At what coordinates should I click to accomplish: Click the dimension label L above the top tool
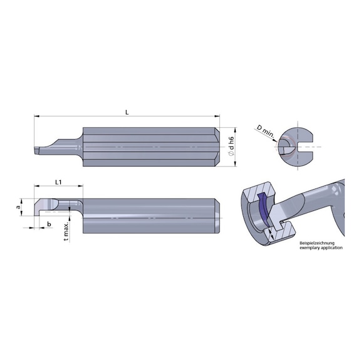[x=127, y=111]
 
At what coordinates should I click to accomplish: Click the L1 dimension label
[x=58, y=182]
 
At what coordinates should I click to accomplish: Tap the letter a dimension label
[x=18, y=204]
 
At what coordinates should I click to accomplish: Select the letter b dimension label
[x=48, y=224]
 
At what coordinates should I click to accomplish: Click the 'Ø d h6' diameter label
[x=231, y=146]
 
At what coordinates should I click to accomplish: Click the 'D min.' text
[x=263, y=129]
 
